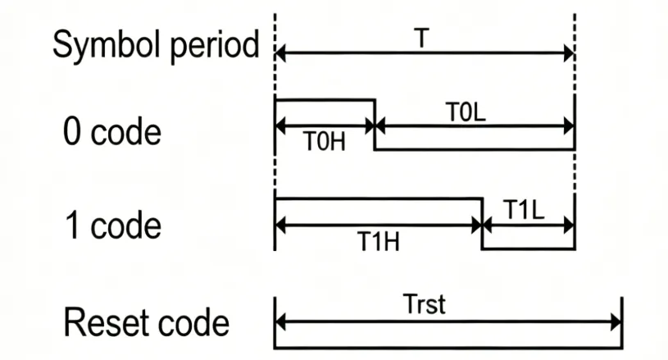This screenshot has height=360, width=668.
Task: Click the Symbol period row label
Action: click(x=156, y=46)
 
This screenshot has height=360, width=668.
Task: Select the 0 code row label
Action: click(x=112, y=132)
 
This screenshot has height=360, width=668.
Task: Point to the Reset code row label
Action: click(x=147, y=322)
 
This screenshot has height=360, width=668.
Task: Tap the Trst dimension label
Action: click(x=425, y=304)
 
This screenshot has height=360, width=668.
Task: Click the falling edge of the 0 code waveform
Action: click(x=375, y=125)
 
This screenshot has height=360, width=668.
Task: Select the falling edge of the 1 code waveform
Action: click(x=481, y=223)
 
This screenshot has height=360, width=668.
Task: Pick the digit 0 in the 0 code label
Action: click(x=73, y=132)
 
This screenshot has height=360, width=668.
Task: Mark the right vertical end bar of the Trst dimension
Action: click(x=622, y=322)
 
